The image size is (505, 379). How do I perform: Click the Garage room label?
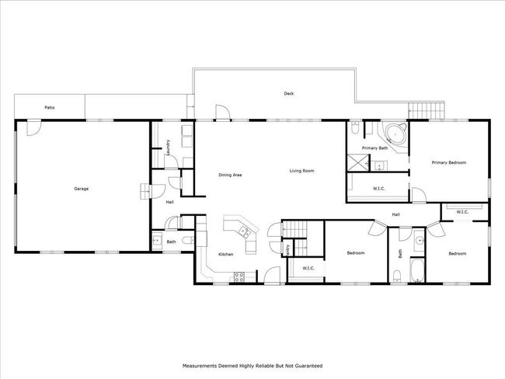pyautogui.click(x=81, y=189)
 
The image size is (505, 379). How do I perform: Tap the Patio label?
pyautogui.click(x=50, y=107)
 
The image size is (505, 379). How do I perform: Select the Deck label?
pyautogui.click(x=289, y=94)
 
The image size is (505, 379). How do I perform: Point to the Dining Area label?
pyautogui.click(x=230, y=175)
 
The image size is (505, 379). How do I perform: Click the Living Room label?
pyautogui.click(x=301, y=171)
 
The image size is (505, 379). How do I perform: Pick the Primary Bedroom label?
pyautogui.click(x=449, y=162)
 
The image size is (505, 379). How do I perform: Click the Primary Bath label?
pyautogui.click(x=375, y=148)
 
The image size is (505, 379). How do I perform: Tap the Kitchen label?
pyautogui.click(x=226, y=255)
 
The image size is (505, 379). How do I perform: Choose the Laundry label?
pyautogui.click(x=168, y=148)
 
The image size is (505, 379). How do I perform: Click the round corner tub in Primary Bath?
pyautogui.click(x=395, y=134)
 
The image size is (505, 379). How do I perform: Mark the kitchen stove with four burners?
pyautogui.click(x=239, y=277)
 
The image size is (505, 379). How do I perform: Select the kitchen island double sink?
pyautogui.click(x=244, y=231)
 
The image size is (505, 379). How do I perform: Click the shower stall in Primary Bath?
pyautogui.click(x=357, y=162)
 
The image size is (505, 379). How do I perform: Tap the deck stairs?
pyautogui.click(x=427, y=110)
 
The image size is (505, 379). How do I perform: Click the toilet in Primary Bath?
pyautogui.click(x=355, y=128)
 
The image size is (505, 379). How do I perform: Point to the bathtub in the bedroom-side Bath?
pyautogui.click(x=416, y=270)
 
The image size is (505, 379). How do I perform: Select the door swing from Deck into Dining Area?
pyautogui.click(x=222, y=113)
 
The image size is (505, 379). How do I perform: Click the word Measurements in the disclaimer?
pyautogui.click(x=200, y=366)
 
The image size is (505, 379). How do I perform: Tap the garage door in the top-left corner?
pyautogui.click(x=33, y=128)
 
